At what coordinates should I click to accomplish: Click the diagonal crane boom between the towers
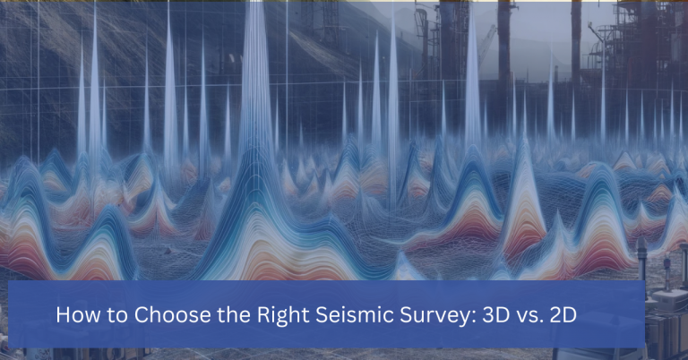489,39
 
